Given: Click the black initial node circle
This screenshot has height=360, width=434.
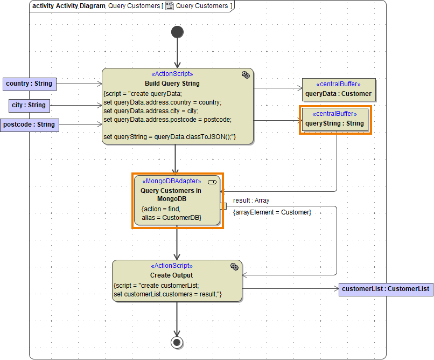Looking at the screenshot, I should coord(177,32).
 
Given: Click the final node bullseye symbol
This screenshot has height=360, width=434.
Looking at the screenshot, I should coord(176,342).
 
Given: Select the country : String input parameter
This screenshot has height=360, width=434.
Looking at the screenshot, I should coord(29,84).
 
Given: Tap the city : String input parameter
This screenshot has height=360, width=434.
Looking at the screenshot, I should coord(29,105).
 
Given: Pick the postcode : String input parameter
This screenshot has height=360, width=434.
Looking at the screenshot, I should coord(29,124).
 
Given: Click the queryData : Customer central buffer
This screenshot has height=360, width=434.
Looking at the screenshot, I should coord(338,89).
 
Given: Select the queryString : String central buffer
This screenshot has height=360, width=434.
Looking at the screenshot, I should coord(335,119).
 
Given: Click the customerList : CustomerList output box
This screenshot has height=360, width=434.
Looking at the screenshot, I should coord(386,289).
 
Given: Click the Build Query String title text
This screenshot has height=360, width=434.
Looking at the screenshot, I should coord(172,84).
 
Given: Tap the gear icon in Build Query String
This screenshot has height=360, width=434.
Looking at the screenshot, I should coord(246,75).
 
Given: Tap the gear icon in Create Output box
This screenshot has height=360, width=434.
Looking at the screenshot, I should coord(234,266).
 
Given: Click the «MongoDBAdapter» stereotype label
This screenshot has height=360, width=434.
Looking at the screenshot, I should coord(172,182).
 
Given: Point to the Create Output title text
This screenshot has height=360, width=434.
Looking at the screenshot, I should coord(172,275).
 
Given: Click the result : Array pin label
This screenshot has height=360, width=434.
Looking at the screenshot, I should coord(251,200).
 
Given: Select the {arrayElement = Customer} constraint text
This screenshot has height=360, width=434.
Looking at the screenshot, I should coord(272,212).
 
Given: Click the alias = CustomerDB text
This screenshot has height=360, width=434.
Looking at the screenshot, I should coord(171,217).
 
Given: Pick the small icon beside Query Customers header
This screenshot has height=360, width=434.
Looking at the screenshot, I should coord(169,6).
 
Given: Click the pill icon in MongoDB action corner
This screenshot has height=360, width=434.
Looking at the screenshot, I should coord(212,182).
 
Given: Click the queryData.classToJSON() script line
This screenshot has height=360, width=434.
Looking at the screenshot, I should coord(170,137).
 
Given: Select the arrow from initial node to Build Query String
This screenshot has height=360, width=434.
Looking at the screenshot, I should coord(177,54).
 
